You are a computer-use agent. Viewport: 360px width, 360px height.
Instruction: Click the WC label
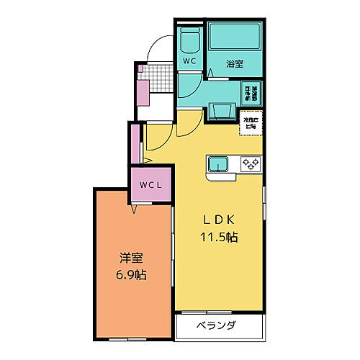pos(189,62)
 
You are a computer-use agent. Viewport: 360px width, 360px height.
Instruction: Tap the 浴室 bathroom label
pos(235,63)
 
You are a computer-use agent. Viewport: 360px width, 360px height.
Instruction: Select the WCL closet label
pos(150,185)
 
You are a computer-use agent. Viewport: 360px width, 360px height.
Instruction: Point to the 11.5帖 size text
pos(219,236)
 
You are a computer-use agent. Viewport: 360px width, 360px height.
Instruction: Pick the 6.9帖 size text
pos(131,274)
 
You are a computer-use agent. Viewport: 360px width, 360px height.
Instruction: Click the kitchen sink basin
pos(218,163)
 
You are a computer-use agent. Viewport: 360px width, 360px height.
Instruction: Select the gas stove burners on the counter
pos(250,163)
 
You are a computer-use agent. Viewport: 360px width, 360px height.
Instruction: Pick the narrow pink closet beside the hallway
pos(134,144)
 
